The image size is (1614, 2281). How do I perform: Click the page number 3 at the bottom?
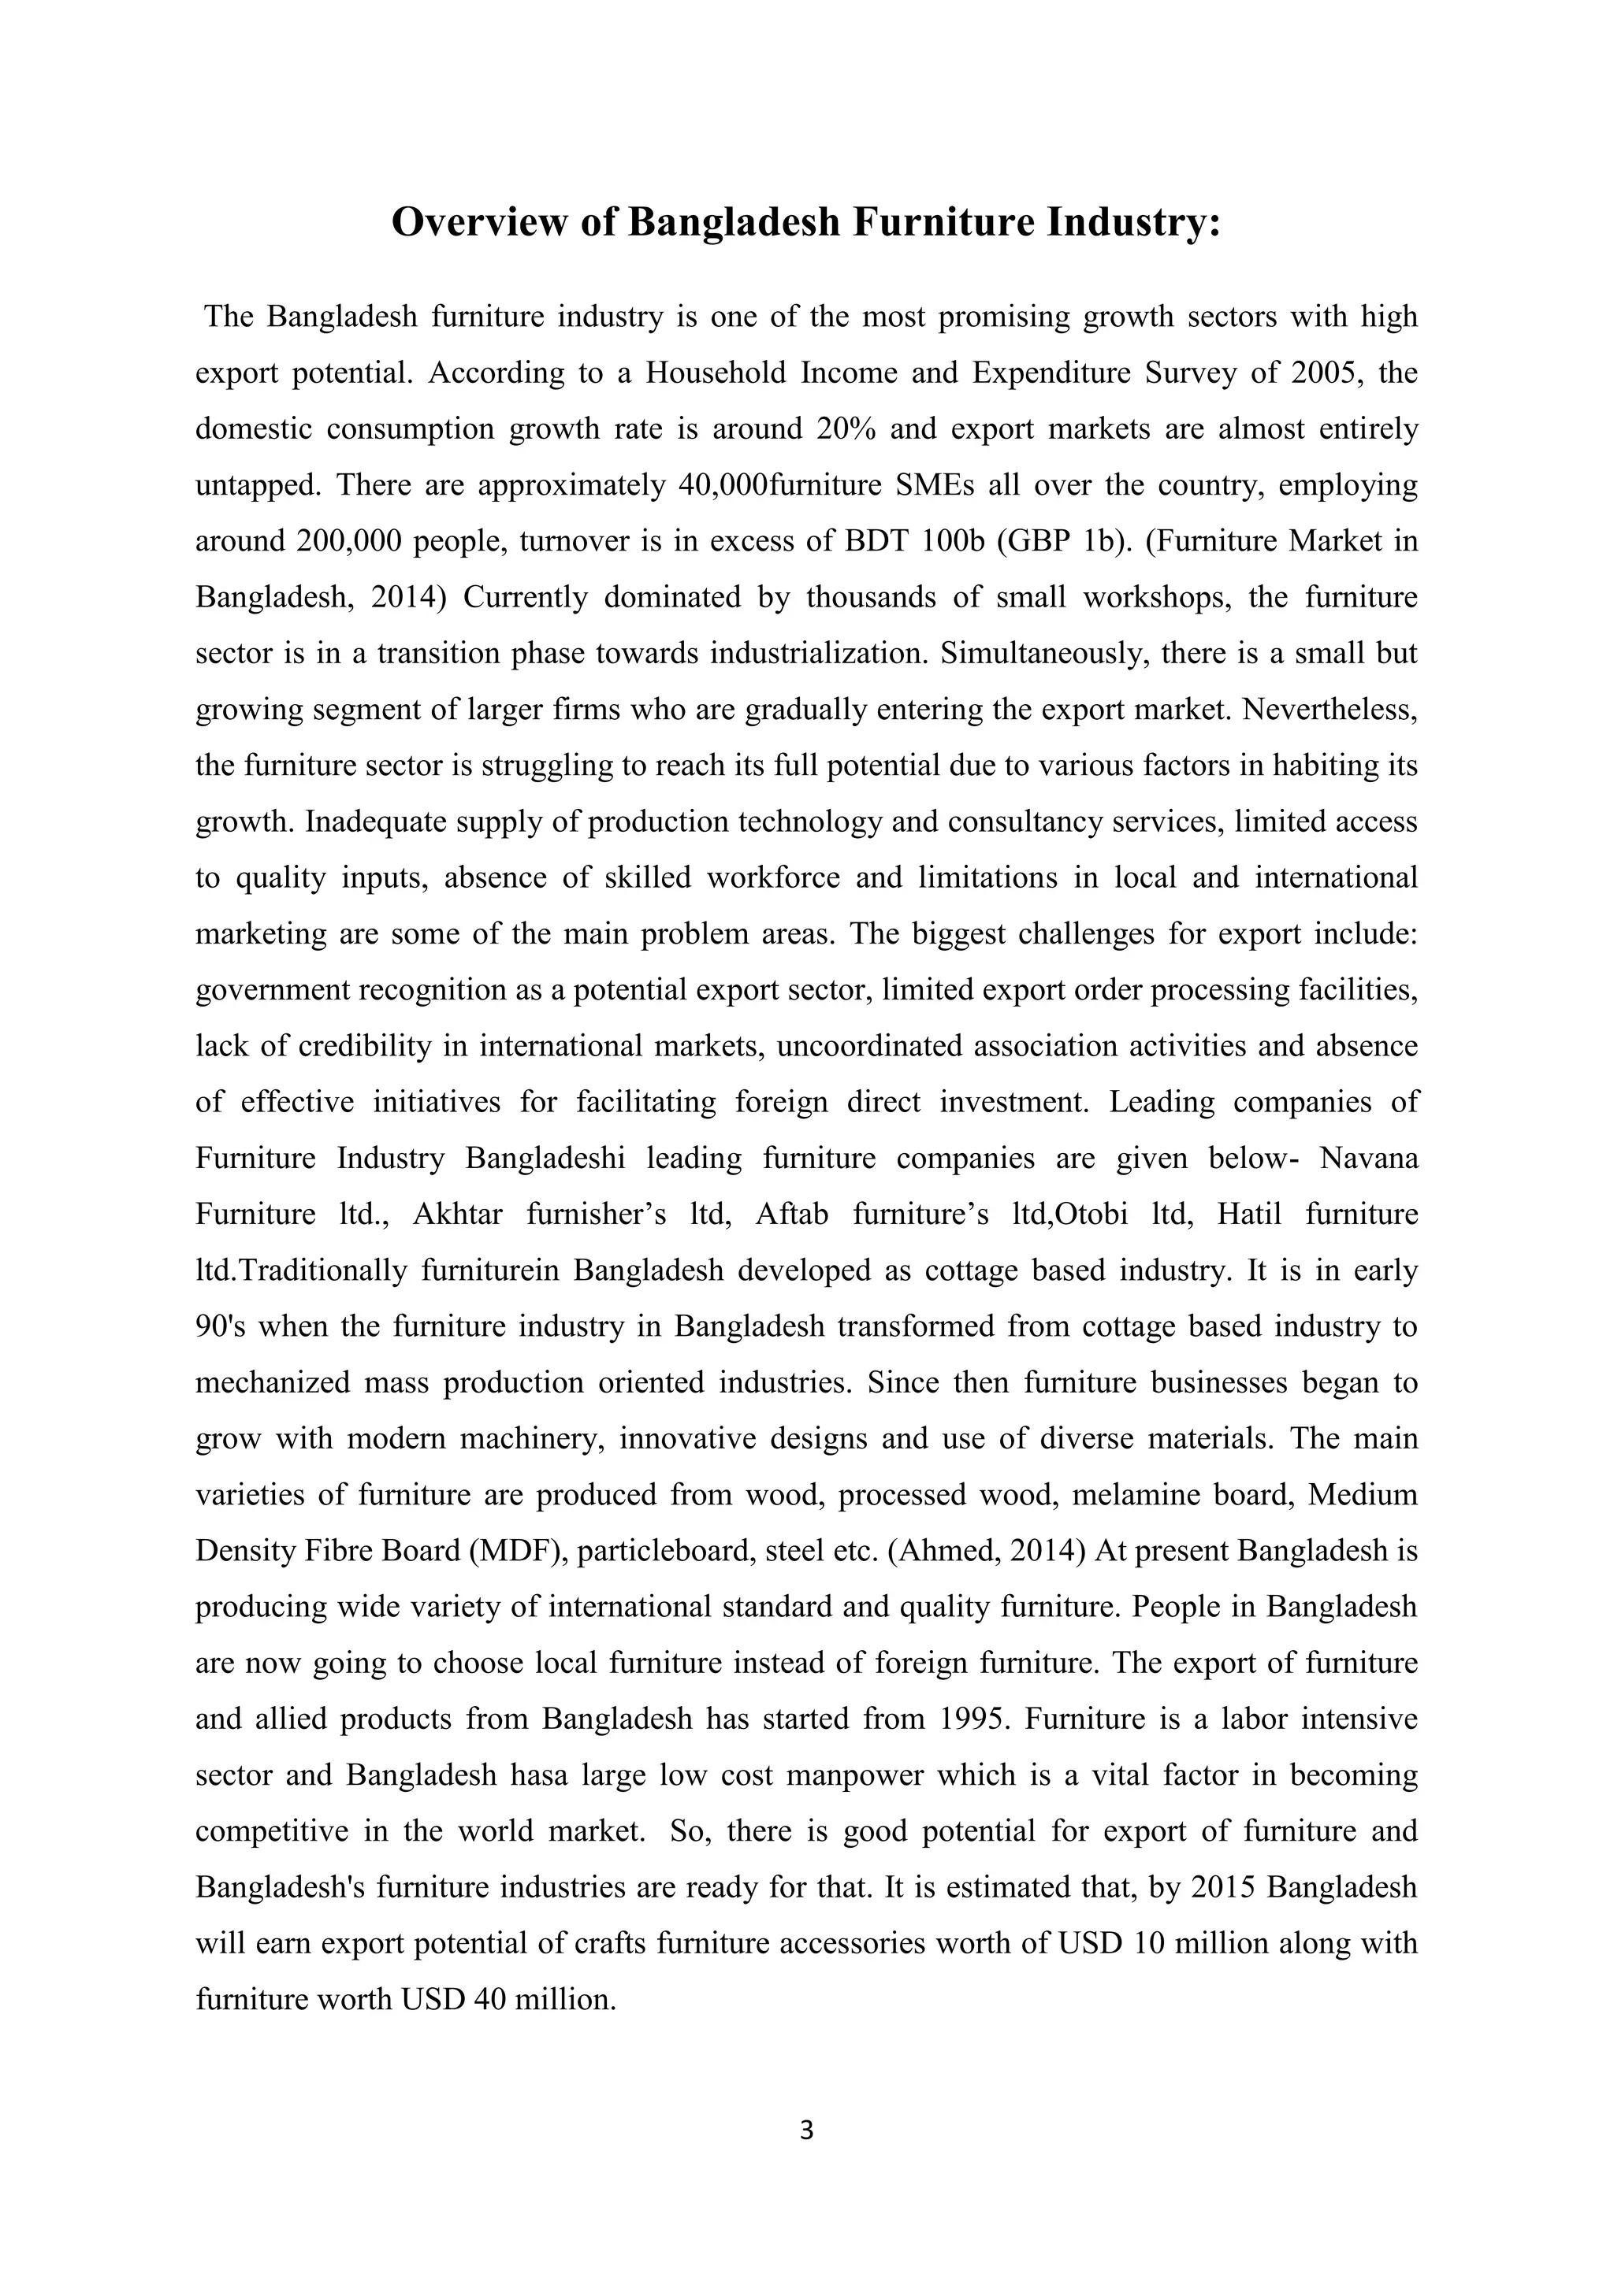[806, 2130]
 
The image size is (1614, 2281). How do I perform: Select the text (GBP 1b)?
[1066, 541]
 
